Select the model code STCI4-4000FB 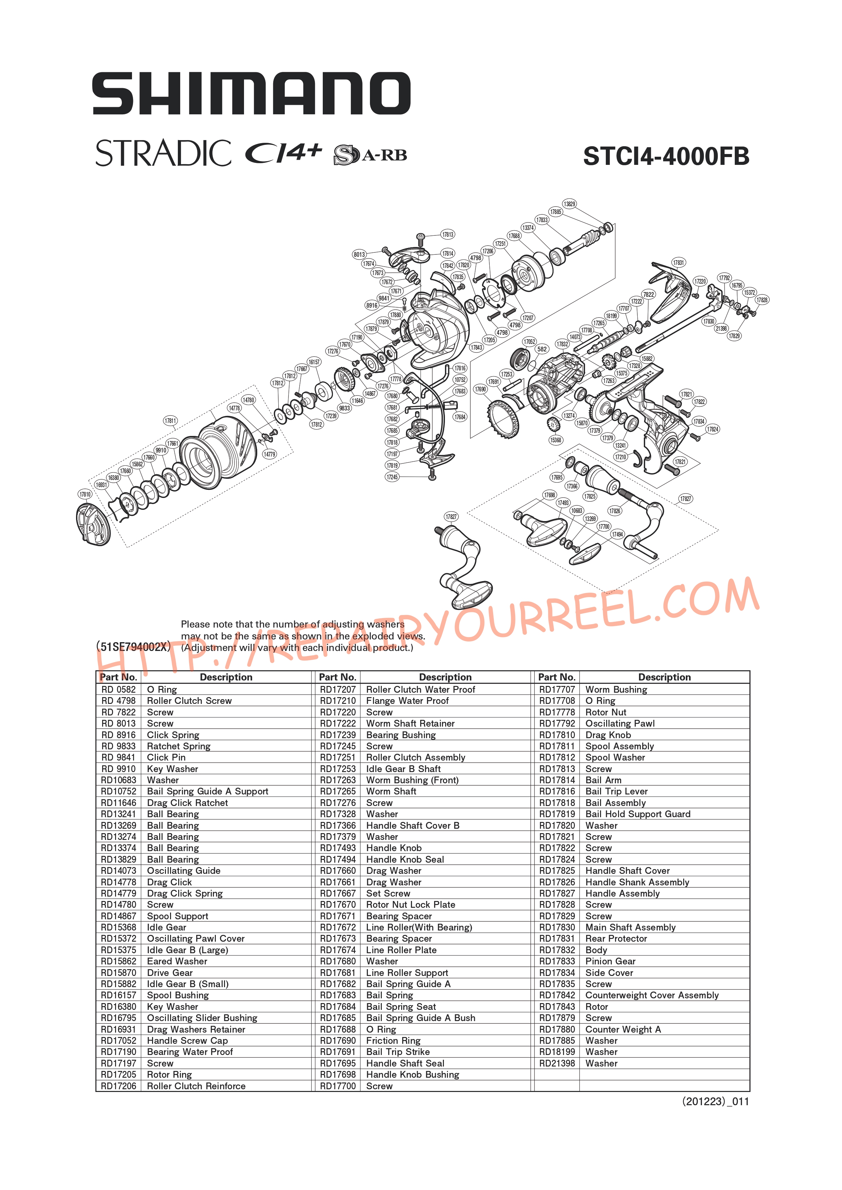point(666,156)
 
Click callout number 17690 point(480,389)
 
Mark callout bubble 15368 point(555,440)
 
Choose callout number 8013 point(359,254)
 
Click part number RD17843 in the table point(557,1006)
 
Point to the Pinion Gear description point(610,961)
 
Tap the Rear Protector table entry point(616,939)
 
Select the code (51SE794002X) point(133,646)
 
